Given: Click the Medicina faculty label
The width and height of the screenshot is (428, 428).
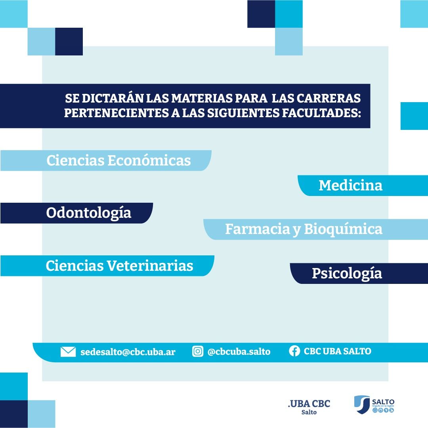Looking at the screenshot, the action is (x=350, y=185).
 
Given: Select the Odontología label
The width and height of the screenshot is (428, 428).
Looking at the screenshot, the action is (x=88, y=213).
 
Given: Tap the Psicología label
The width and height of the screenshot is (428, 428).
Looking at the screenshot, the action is (x=347, y=274).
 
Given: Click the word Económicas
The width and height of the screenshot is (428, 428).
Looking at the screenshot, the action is (x=149, y=160).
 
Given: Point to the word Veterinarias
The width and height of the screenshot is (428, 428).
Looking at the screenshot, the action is (x=150, y=266).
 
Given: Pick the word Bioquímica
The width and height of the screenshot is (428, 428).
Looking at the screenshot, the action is (x=343, y=229).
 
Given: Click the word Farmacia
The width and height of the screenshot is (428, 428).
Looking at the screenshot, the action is (x=257, y=229).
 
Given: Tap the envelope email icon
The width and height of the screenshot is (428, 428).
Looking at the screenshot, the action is (x=68, y=352).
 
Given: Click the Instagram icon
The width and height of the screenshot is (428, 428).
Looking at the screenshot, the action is (x=198, y=351).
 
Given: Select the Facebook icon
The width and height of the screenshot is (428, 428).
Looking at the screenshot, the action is (x=294, y=351).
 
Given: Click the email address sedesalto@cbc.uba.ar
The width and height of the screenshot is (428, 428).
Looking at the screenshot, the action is (x=128, y=352).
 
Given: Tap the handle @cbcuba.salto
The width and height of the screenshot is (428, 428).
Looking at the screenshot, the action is (x=239, y=352).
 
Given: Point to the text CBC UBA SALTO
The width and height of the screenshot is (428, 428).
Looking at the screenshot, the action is (x=338, y=351).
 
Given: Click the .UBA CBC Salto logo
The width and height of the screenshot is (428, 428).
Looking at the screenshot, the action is (x=309, y=407).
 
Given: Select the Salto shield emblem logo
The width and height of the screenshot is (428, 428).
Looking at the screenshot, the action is (x=374, y=404).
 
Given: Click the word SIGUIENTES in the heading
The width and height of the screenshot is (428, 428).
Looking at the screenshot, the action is (x=243, y=113).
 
